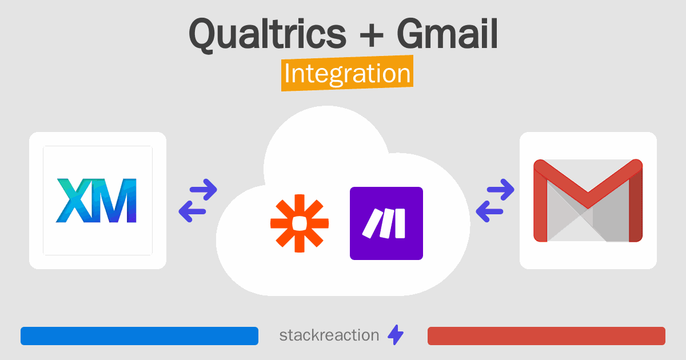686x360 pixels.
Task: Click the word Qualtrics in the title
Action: [x=268, y=34]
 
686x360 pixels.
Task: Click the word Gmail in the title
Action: [x=448, y=33]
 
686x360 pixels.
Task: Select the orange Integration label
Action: [x=348, y=73]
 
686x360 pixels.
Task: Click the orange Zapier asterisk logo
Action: [x=300, y=223]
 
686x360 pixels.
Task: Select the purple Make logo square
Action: [x=386, y=223]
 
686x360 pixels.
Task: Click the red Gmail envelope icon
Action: [x=588, y=201]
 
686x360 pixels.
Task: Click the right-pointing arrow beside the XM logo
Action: [x=204, y=190]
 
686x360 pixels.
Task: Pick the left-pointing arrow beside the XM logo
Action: [x=192, y=211]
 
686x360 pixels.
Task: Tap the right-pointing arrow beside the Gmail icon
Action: [x=501, y=190]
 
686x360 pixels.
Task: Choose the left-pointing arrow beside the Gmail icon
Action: [x=489, y=211]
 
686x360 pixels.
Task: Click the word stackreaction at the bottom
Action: [x=329, y=335]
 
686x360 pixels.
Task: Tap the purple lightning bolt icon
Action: [x=396, y=335]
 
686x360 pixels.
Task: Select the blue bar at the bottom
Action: [x=139, y=336]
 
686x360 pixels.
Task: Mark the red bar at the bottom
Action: [x=547, y=336]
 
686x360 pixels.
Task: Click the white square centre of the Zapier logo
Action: [x=300, y=223]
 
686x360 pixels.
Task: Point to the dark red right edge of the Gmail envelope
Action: [x=636, y=205]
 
